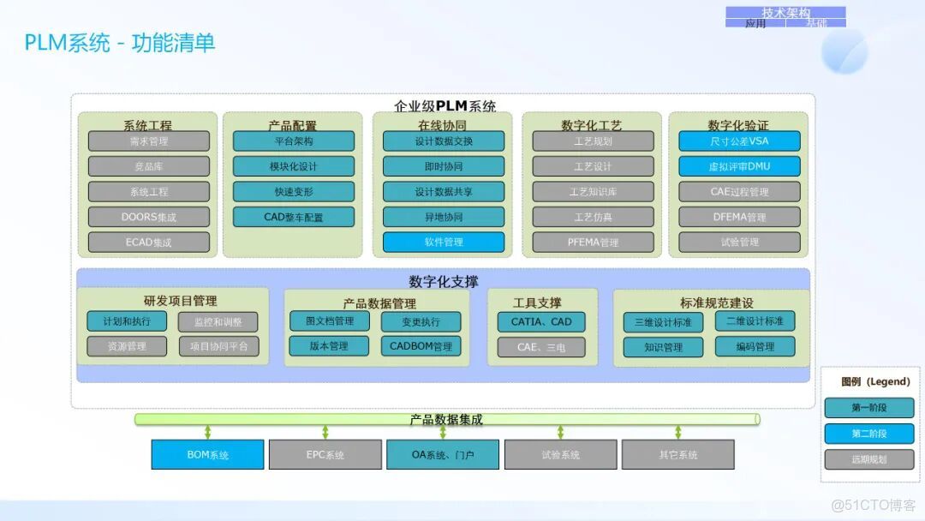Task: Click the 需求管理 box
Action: pyautogui.click(x=148, y=141)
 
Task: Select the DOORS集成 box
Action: pyautogui.click(x=148, y=217)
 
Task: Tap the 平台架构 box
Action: pyautogui.click(x=294, y=141)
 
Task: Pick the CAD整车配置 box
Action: pyautogui.click(x=294, y=217)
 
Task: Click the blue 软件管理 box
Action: pyautogui.click(x=443, y=242)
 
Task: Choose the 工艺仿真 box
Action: pyautogui.click(x=593, y=217)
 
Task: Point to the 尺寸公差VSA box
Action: pyautogui.click(x=739, y=141)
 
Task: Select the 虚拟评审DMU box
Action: pyautogui.click(x=739, y=166)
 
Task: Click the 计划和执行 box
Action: pyautogui.click(x=127, y=321)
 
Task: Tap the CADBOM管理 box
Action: pyautogui.click(x=421, y=346)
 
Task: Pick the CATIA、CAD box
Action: pyautogui.click(x=541, y=322)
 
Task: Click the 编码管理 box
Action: pyautogui.click(x=755, y=346)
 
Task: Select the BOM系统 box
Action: pyautogui.click(x=207, y=454)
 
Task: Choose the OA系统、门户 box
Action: pyautogui.click(x=442, y=454)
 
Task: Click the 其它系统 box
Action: pyautogui.click(x=677, y=454)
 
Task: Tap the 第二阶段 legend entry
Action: pyautogui.click(x=868, y=434)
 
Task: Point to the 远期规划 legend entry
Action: pyautogui.click(x=868, y=459)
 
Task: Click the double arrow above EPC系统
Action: pyautogui.click(x=325, y=432)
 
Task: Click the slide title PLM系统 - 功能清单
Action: pyautogui.click(x=119, y=43)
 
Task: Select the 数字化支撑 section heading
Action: pyautogui.click(x=443, y=281)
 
